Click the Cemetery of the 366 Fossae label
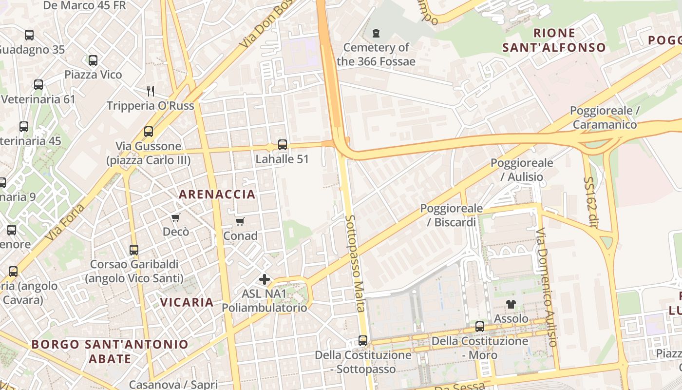[x=376, y=55]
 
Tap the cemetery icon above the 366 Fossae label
[x=376, y=34]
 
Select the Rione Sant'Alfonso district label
[x=554, y=40]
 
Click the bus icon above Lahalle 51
[x=283, y=145]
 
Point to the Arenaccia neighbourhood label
[x=217, y=195]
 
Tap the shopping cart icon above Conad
[x=240, y=222]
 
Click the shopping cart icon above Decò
[x=175, y=217]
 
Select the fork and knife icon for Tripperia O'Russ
[x=151, y=91]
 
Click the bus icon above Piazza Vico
[x=93, y=60]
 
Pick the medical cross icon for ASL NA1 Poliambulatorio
[x=265, y=279]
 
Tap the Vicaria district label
[x=187, y=302]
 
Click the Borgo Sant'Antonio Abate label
[x=110, y=351]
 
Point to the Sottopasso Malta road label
[x=355, y=263]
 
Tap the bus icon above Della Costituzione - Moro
[x=480, y=327]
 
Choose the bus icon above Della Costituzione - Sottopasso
[x=363, y=340]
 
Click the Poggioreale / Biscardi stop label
[x=452, y=215]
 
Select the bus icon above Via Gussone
[x=149, y=132]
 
